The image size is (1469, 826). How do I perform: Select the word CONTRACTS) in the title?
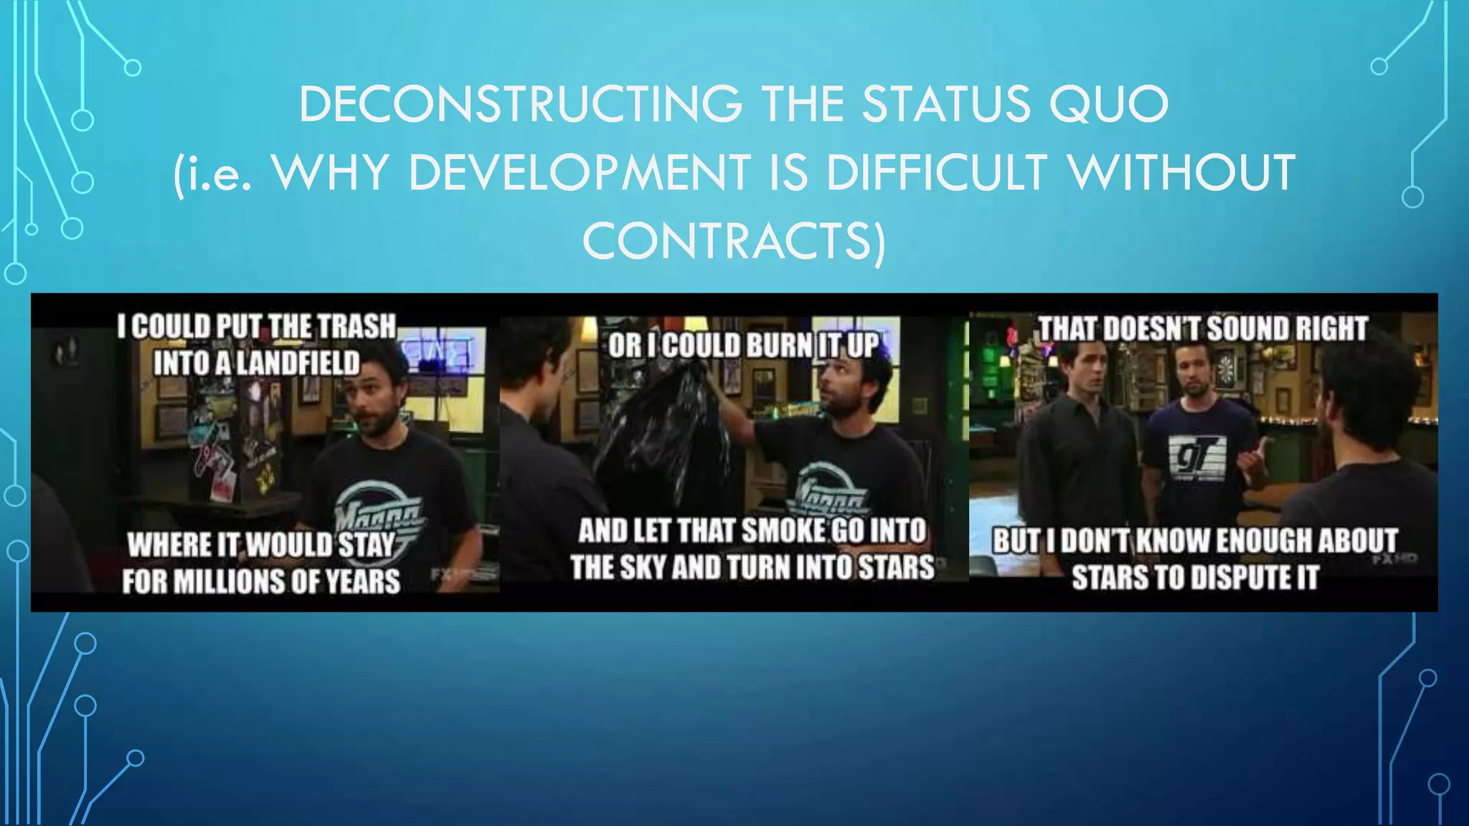click(x=734, y=241)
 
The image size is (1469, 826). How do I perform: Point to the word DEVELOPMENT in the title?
click(x=580, y=173)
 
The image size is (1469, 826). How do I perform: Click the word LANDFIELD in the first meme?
click(x=297, y=364)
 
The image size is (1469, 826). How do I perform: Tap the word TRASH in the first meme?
click(x=356, y=327)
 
